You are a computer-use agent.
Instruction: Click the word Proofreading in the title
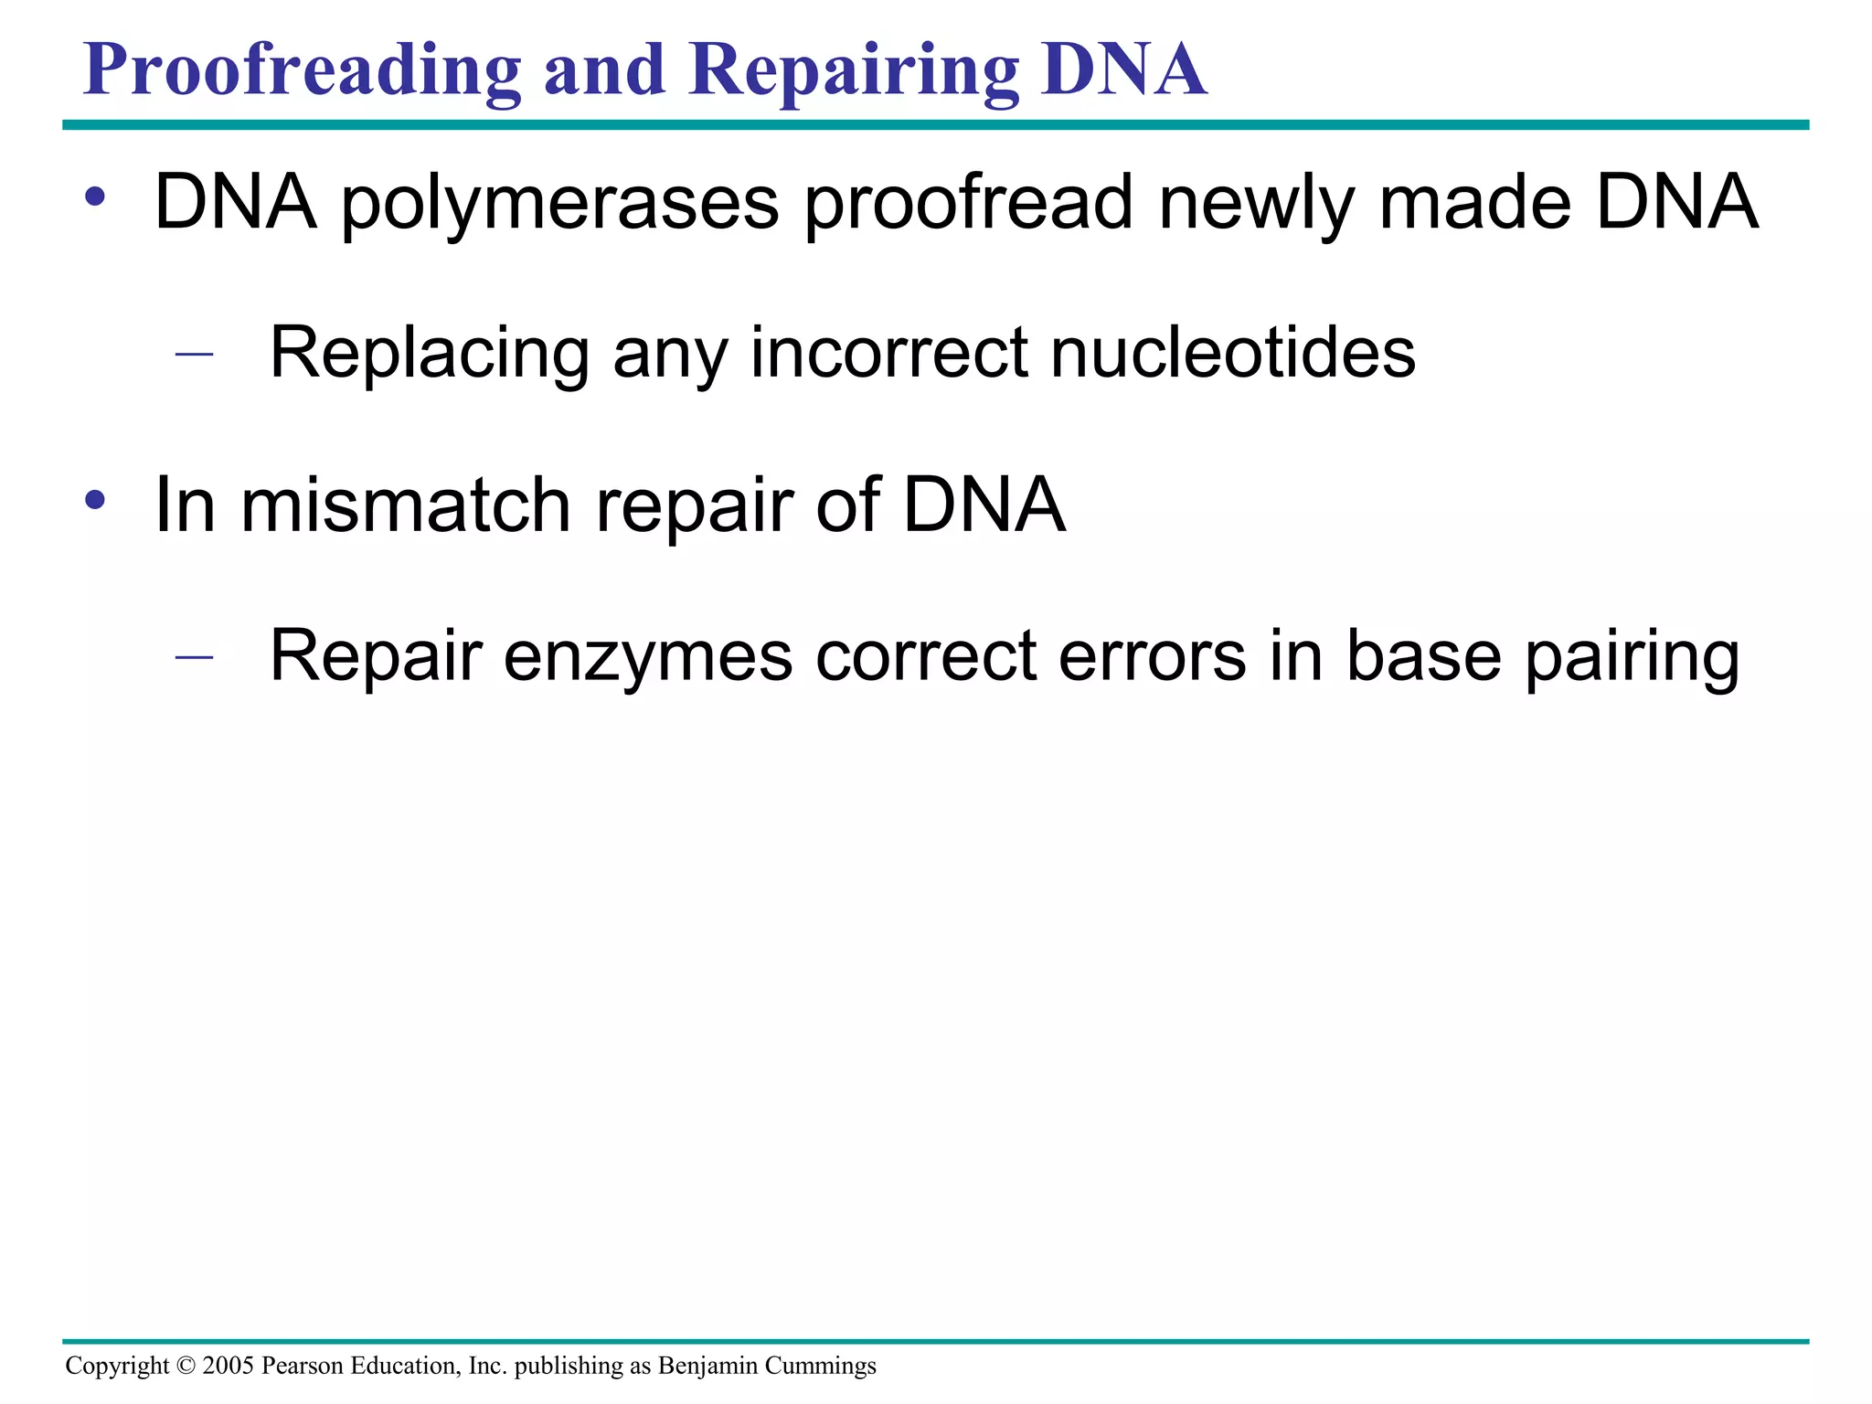302,71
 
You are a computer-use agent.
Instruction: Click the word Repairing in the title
854,71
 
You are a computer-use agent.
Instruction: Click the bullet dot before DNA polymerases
95,197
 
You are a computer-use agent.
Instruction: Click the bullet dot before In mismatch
95,500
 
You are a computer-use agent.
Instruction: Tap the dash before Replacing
194,353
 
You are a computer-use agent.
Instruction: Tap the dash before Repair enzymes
194,656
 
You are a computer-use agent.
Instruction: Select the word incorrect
888,353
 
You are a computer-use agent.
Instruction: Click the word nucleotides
1233,353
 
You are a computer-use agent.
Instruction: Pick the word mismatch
406,505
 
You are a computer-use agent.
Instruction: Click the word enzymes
647,656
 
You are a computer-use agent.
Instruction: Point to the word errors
1152,656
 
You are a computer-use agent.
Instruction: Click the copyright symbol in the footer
186,1366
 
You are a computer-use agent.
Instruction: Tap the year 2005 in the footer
228,1366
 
